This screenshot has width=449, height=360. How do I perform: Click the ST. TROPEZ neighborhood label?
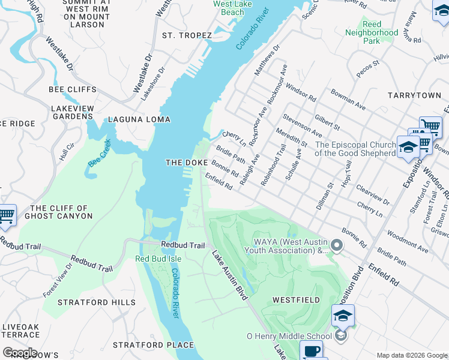tap(187, 35)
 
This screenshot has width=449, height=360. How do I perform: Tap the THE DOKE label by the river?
tap(187, 163)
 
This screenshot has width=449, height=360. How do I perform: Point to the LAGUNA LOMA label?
tap(139, 119)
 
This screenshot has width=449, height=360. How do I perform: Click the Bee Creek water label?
tap(100, 154)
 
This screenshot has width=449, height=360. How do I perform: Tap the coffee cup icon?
tap(310, 350)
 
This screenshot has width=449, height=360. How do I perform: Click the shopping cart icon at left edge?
tap(6, 215)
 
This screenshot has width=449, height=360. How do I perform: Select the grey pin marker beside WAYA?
tap(337, 245)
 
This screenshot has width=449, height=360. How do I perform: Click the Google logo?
tap(19, 352)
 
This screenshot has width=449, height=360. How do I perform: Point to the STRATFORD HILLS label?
tap(97, 302)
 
